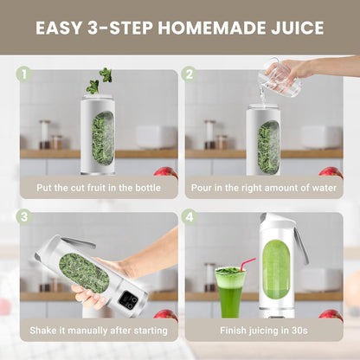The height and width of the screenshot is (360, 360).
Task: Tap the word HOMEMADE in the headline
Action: point(202,28)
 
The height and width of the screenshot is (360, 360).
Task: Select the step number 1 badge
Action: point(23,74)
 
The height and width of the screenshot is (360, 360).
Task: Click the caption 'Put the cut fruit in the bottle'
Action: point(96,188)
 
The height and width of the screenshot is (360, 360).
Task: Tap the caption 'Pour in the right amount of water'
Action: point(263,188)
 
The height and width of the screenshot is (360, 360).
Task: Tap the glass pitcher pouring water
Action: point(280,79)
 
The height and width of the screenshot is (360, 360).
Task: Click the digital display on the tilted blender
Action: point(128,299)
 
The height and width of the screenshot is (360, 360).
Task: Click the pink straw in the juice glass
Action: point(247,264)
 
